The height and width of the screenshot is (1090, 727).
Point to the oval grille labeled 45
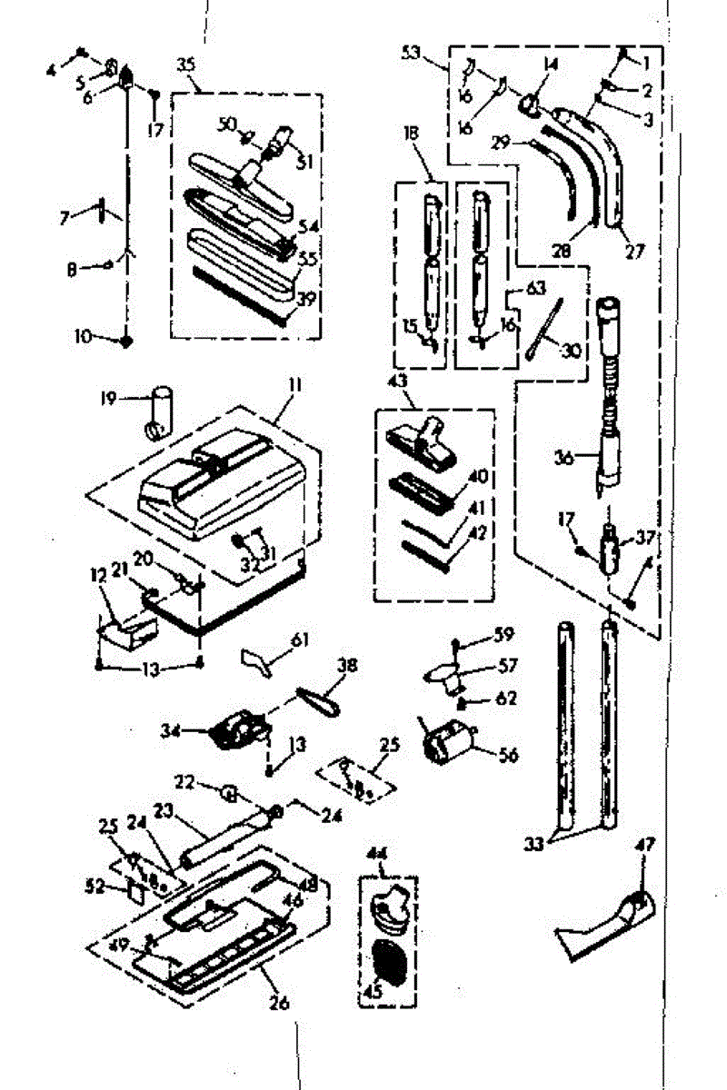pyautogui.click(x=390, y=965)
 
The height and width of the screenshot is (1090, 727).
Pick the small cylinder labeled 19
pyautogui.click(x=160, y=411)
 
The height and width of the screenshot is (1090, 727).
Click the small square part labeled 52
pyautogui.click(x=135, y=892)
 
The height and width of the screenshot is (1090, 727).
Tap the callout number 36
pyautogui.click(x=564, y=460)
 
